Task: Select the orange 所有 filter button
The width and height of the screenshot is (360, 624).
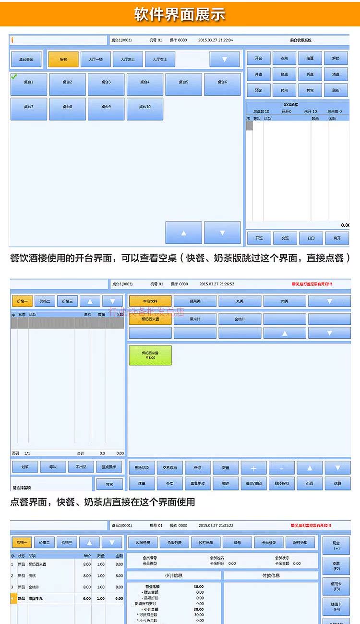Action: point(63,60)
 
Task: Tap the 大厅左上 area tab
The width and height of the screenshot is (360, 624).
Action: point(128,60)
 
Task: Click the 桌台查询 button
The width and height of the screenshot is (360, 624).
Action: point(26,60)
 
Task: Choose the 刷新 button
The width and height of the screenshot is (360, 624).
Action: point(336,90)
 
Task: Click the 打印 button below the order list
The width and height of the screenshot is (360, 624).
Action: point(311,238)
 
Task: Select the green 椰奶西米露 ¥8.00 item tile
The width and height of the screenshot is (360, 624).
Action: point(150,355)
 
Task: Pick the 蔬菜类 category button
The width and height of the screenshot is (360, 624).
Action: point(195,301)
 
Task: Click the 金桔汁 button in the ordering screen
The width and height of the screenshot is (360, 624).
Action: point(240,319)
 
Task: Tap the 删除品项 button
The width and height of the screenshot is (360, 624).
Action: point(142,467)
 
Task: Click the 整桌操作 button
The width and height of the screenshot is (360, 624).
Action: point(109,467)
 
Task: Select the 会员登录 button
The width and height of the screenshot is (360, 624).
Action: point(269,542)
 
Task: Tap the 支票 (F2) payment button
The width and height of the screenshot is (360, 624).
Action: point(336,566)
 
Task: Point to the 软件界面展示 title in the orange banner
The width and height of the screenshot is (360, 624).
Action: point(180,13)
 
